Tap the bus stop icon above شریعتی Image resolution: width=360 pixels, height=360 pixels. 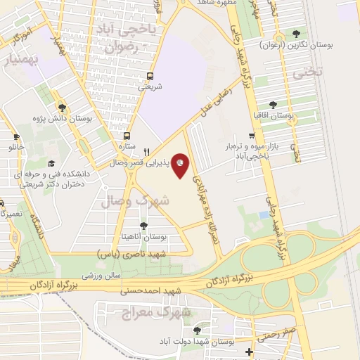pyautogui.click(x=149, y=76)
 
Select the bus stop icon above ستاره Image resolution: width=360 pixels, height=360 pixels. pyautogui.click(x=127, y=136)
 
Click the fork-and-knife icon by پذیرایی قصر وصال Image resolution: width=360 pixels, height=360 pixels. pyautogui.click(x=146, y=151)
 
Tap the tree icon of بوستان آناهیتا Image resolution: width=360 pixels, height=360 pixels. pyautogui.click(x=144, y=225)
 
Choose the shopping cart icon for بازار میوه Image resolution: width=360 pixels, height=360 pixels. pyautogui.click(x=252, y=136)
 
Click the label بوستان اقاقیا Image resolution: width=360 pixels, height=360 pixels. pyautogui.click(x=272, y=115)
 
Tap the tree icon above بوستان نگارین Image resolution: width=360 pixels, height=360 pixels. pyautogui.click(x=295, y=33)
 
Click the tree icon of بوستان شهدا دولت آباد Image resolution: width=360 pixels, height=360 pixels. pyautogui.click(x=196, y=329)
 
